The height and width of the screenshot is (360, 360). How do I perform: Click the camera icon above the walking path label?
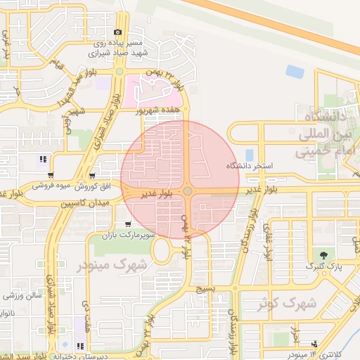(x=117, y=32)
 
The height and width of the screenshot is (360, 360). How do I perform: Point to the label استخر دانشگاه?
(x=249, y=166)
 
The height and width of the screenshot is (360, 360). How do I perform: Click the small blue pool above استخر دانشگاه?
(x=249, y=154)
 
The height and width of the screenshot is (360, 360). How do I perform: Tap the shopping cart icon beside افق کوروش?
(x=93, y=176)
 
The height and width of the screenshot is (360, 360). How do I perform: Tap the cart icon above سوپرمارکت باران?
(x=127, y=223)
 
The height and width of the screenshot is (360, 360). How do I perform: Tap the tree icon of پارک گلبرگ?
(x=323, y=255)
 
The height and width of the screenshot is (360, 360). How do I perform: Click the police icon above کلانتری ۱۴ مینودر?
(x=314, y=344)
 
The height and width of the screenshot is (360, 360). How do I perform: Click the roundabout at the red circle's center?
(x=188, y=191)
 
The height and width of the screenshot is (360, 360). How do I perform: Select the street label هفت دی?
(x=86, y=316)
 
